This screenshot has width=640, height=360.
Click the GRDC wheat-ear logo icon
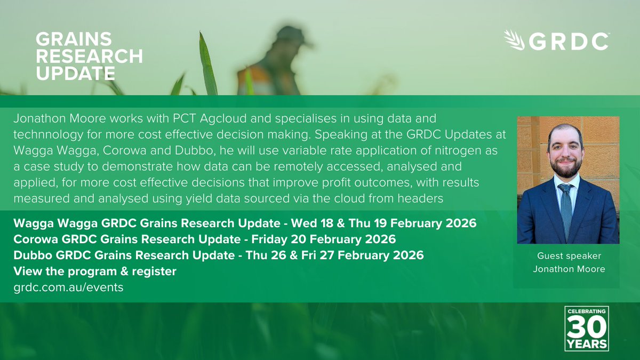pos(514,41)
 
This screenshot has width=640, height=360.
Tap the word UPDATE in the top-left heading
pos(75,73)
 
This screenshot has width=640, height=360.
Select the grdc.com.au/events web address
pos(69,287)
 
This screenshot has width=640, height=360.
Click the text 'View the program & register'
pos(95,271)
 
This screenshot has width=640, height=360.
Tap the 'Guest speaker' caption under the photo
pos(569,256)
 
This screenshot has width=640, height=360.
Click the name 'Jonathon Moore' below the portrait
pos(569,269)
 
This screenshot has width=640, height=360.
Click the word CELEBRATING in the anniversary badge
pos(587,311)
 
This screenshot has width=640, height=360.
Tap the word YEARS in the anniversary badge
pos(587,344)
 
